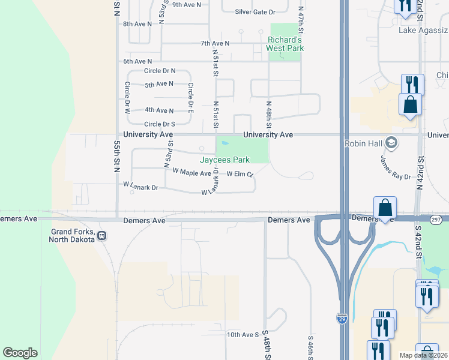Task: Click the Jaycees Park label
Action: click(x=224, y=160)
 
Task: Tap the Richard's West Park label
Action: click(x=286, y=44)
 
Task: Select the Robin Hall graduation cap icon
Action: click(x=391, y=143)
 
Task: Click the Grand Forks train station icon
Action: click(x=103, y=235)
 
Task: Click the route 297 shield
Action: click(x=436, y=220)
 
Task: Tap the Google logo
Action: click(x=20, y=352)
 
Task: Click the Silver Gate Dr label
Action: click(x=255, y=11)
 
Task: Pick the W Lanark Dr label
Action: click(x=140, y=187)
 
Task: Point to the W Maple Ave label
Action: click(x=191, y=173)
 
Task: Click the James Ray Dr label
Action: click(x=395, y=167)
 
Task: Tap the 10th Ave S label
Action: click(x=242, y=334)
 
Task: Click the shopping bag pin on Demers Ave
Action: click(x=385, y=208)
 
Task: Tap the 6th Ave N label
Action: click(x=137, y=61)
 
